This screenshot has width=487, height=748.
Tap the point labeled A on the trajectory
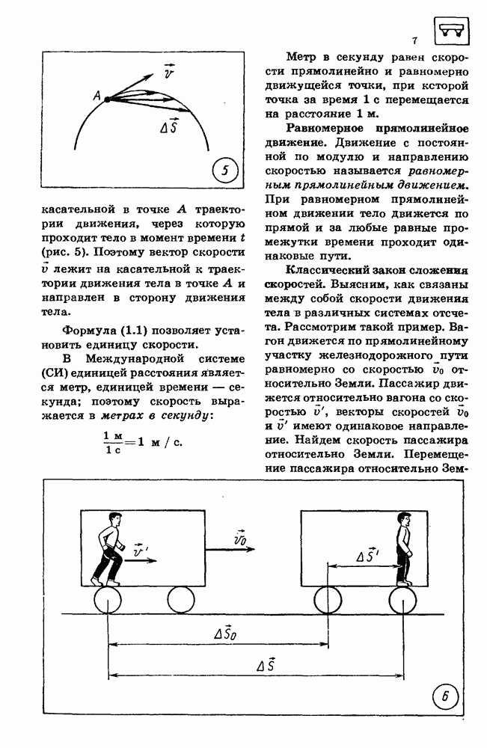click(x=106, y=98)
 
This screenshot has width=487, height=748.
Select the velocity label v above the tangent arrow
click(x=169, y=73)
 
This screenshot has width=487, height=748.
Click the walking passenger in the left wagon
click(x=108, y=548)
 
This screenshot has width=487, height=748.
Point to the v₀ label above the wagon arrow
click(x=241, y=537)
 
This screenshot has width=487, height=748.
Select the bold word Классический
click(x=313, y=271)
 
